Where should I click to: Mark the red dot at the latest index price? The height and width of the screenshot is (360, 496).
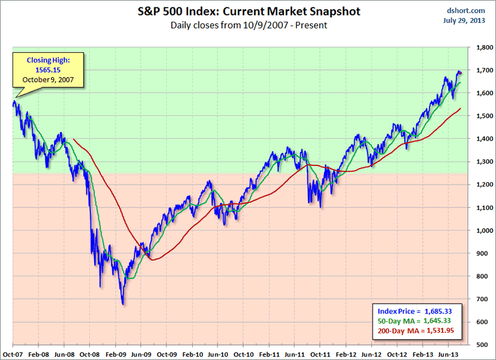coord(459,74)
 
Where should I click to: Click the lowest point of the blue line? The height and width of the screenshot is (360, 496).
coord(123,304)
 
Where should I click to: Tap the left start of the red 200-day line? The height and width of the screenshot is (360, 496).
coord(74,139)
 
